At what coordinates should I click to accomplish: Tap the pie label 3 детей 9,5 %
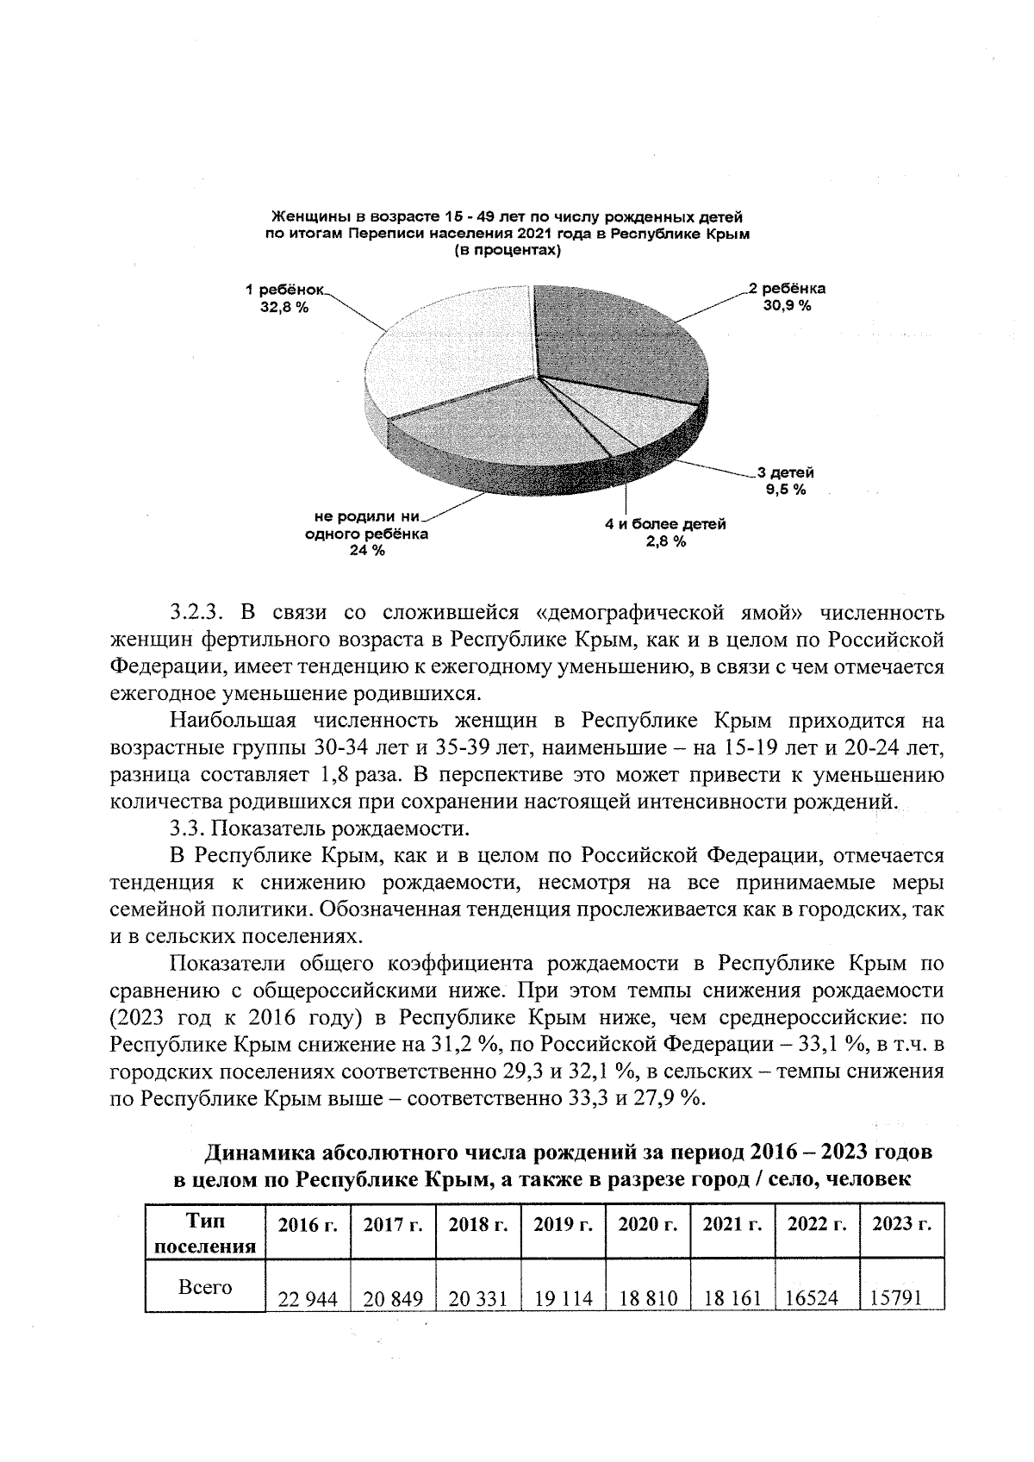[x=785, y=481]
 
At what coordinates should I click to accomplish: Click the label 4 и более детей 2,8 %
[x=665, y=533]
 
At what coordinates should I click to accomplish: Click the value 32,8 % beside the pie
[x=285, y=307]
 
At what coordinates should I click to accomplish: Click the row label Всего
[x=205, y=1287]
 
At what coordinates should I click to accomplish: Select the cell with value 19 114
[x=564, y=1298]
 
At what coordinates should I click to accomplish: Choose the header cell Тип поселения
[x=205, y=1234]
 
